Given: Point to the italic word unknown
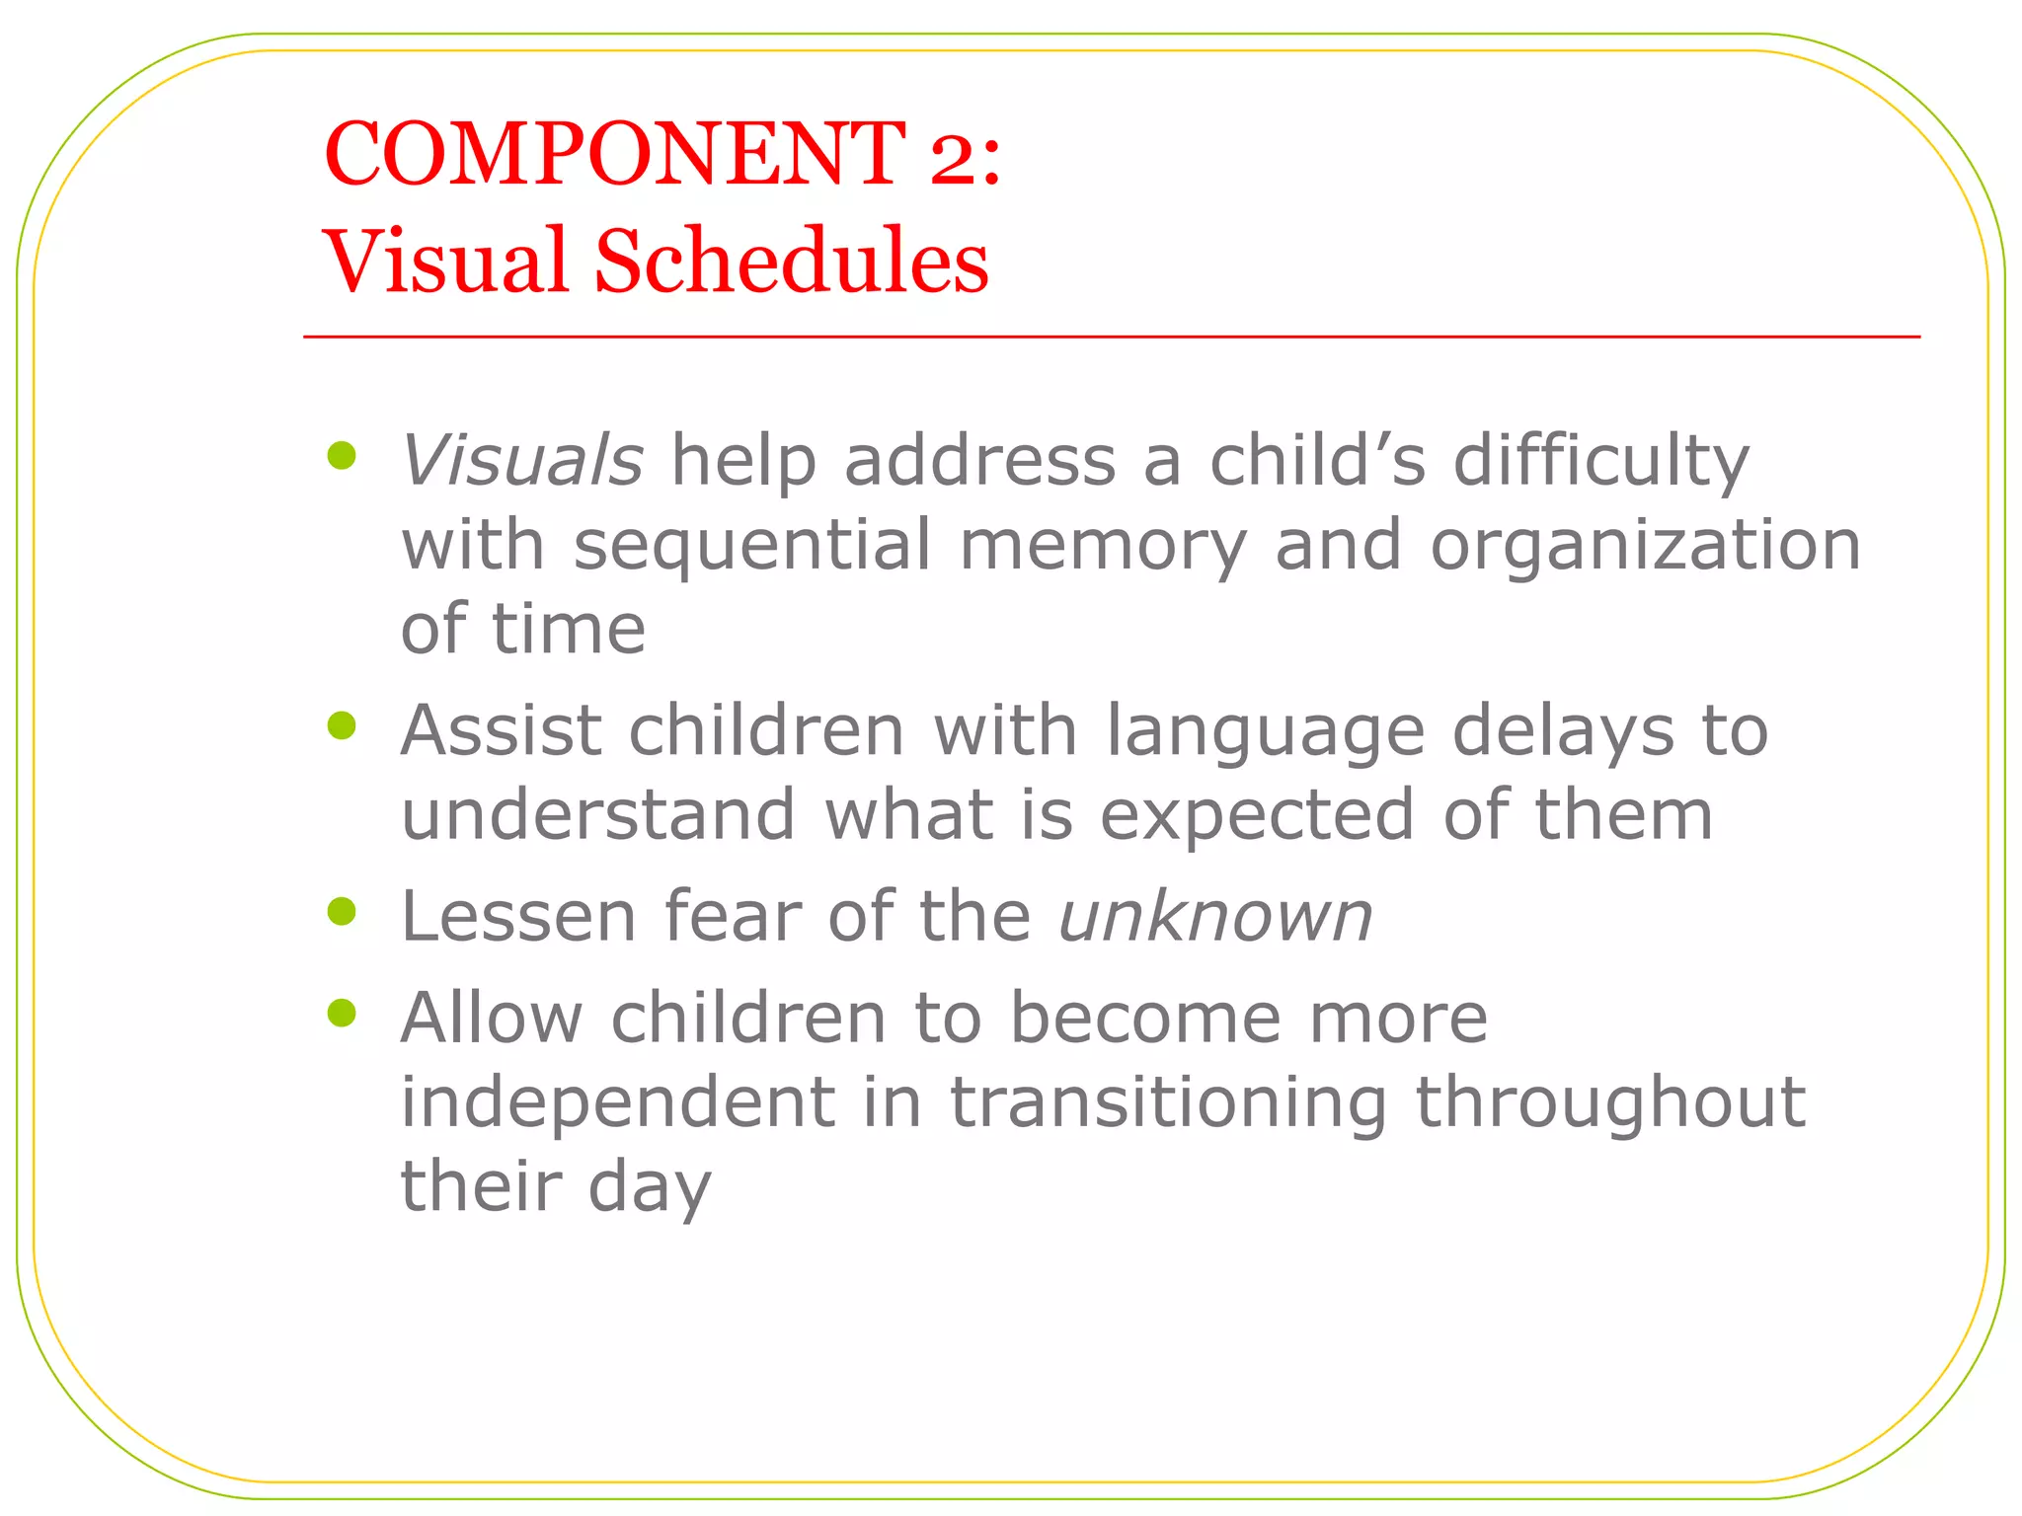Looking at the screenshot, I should (x=1215, y=917).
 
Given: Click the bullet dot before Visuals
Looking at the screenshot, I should (x=342, y=455).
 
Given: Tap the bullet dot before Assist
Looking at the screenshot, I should (x=342, y=726).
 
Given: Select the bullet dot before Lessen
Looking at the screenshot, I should (x=342, y=911).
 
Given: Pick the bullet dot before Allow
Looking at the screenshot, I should (x=342, y=1013).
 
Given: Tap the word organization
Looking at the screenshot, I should (x=1645, y=546).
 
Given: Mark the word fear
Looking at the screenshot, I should (x=733, y=917).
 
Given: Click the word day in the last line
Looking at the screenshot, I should (x=650, y=1188).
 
